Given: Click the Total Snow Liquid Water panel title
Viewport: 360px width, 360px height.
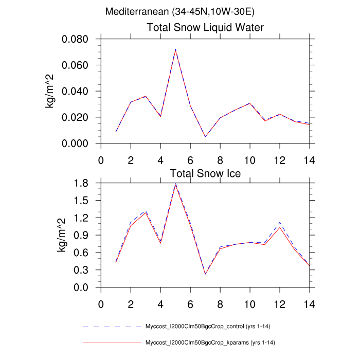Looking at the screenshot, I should (205, 28).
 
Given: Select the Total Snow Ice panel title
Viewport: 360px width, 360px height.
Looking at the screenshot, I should (205, 173).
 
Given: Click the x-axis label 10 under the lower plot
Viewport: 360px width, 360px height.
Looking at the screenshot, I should (250, 303).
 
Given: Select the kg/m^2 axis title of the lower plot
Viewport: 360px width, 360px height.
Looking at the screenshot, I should (60, 235).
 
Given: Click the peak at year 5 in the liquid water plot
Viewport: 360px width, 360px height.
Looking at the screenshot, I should (175, 50).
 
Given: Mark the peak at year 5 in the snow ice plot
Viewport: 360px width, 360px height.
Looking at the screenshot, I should (175, 185).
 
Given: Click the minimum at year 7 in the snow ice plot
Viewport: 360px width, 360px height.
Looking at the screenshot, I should (205, 274).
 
